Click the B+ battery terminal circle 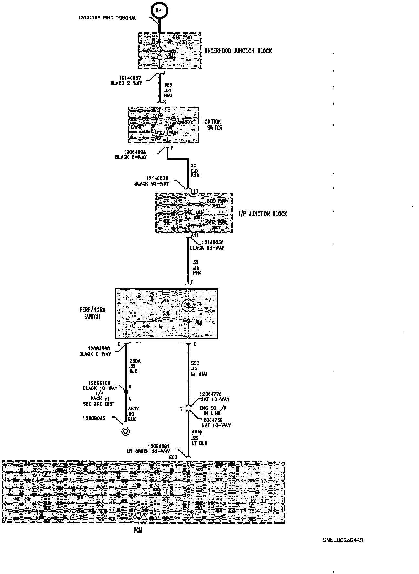pyautogui.click(x=159, y=11)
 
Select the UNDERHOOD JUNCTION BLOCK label pyautogui.click(x=238, y=51)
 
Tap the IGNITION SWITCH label pyautogui.click(x=212, y=125)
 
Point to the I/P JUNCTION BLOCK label pyautogui.click(x=263, y=214)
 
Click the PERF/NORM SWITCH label pyautogui.click(x=92, y=314)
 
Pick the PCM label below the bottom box pyautogui.click(x=137, y=530)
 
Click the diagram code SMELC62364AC pyautogui.click(x=343, y=540)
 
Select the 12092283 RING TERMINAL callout pyautogui.click(x=107, y=18)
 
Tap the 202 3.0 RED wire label pyautogui.click(x=168, y=90)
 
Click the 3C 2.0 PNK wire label pyautogui.click(x=195, y=170)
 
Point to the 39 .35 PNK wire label pyautogui.click(x=197, y=268)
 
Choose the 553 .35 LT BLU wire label pyautogui.click(x=199, y=368)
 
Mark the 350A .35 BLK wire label pyautogui.click(x=133, y=366)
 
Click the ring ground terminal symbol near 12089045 pyautogui.click(x=124, y=431)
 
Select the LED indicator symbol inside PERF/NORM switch pyautogui.click(x=188, y=305)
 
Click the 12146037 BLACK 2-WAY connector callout pyautogui.click(x=126, y=80)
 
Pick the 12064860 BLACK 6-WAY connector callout pyautogui.click(x=95, y=351)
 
